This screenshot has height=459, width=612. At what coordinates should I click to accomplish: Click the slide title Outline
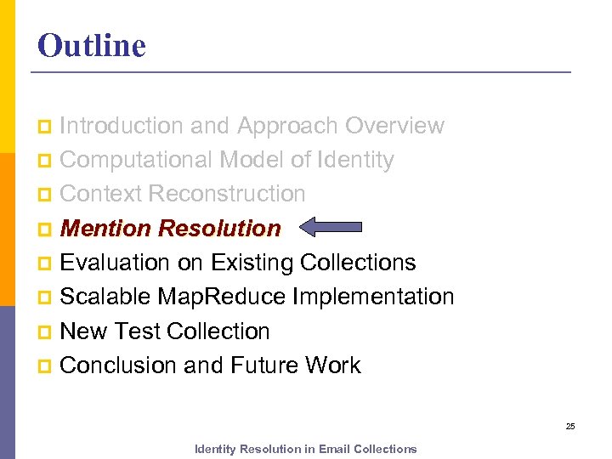pos(92,45)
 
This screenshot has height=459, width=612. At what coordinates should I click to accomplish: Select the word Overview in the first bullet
pos(394,126)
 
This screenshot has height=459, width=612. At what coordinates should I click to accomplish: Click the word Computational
pos(137,161)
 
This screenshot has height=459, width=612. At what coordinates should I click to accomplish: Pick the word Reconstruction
pos(227,194)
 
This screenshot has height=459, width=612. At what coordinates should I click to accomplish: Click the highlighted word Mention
pos(106,229)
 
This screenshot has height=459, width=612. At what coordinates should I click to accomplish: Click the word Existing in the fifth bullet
pos(252,263)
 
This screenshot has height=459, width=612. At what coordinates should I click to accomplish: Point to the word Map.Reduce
pos(224,297)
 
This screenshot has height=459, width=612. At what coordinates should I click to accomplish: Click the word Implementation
pos(373,297)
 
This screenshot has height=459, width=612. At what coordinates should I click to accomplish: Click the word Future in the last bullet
pos(266,365)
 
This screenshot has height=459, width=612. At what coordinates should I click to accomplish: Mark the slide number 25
pos(570,426)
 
